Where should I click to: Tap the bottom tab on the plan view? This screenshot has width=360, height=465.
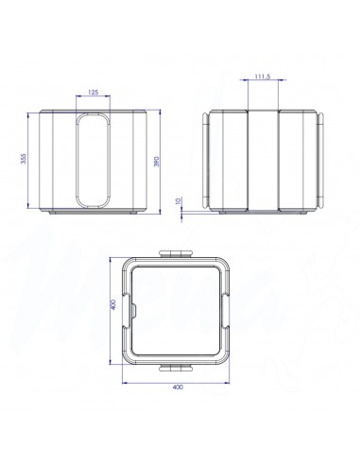pos(178,363)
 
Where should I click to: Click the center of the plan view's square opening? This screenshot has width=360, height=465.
pos(178,308)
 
